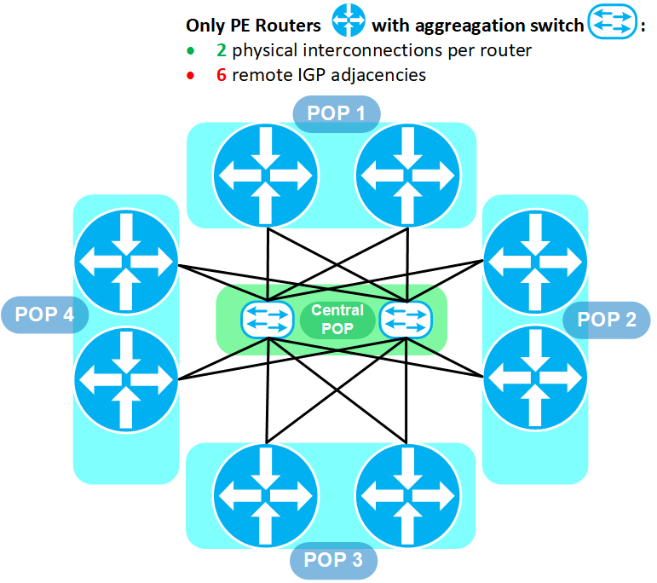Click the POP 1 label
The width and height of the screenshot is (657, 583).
point(337,113)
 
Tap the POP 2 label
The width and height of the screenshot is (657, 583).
point(607,320)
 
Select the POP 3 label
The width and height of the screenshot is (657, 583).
point(333,560)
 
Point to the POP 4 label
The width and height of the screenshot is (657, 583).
point(45,315)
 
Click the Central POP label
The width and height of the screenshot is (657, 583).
point(337,320)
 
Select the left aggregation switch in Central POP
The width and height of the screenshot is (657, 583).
point(268,320)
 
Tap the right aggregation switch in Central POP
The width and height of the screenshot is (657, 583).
point(406,320)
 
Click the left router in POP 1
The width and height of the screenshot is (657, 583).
point(266,176)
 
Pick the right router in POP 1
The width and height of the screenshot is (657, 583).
point(407,176)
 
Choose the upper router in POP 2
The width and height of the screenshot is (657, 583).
point(535,262)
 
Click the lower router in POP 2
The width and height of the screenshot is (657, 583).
point(535,378)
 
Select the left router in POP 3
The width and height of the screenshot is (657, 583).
point(266,496)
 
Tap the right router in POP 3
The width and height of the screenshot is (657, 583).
point(407,496)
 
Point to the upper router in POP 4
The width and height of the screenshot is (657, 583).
point(126,262)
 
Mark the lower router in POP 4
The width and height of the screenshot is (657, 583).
point(126,380)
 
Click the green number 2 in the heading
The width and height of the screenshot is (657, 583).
point(222,50)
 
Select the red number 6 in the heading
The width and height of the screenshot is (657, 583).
point(222,76)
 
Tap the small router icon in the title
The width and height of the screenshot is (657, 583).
point(349,20)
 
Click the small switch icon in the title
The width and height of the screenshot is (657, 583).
point(612,21)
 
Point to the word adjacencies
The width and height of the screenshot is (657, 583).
point(378,76)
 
